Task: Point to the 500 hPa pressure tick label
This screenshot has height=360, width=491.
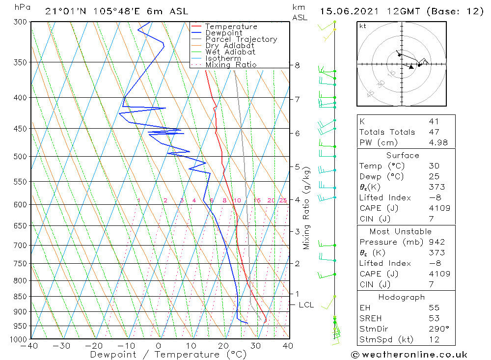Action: click(x=21, y=156)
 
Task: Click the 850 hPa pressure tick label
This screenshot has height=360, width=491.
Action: click(x=21, y=296)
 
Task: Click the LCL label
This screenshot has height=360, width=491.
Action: click(x=306, y=305)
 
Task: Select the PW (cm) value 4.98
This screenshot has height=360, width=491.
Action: click(x=438, y=142)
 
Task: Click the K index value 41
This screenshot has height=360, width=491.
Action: click(x=434, y=122)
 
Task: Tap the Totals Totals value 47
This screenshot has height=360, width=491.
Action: click(x=434, y=132)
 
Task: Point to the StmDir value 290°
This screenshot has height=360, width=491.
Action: click(x=438, y=329)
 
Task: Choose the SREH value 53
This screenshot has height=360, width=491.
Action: click(x=434, y=318)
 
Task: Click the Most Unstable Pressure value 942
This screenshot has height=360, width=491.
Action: click(x=436, y=242)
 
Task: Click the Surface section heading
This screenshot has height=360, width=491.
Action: click(x=403, y=155)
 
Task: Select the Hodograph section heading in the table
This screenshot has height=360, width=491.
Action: click(x=402, y=297)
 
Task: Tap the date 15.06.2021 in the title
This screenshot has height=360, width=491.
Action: click(x=349, y=12)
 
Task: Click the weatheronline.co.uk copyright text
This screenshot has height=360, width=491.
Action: click(x=409, y=355)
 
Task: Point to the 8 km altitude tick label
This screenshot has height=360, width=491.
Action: click(x=297, y=65)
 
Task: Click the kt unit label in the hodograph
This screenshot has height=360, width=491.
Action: click(x=363, y=26)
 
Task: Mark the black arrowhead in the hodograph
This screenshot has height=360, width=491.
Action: click(x=411, y=67)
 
